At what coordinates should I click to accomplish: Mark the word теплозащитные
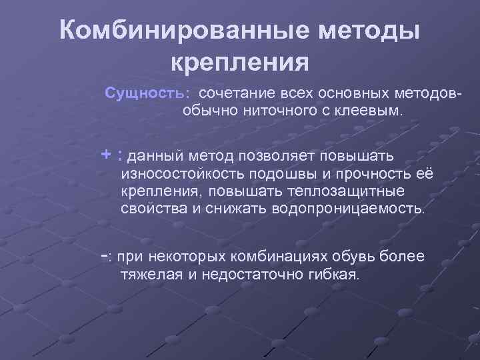pos(354,192)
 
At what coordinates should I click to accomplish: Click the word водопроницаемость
pos(347,209)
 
